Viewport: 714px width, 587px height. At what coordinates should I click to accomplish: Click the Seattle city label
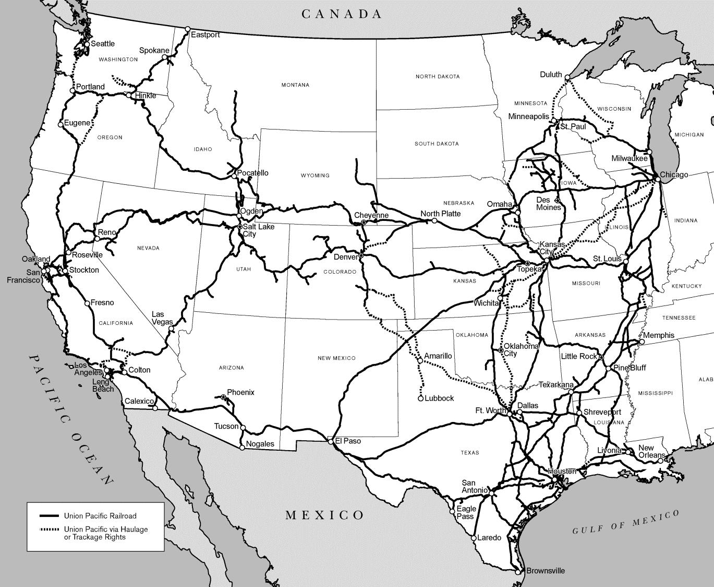tap(103, 44)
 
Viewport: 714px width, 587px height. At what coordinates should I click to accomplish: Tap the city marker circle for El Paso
tap(331, 441)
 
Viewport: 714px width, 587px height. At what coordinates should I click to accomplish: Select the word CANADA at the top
tap(342, 14)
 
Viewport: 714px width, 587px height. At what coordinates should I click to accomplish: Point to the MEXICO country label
tap(324, 515)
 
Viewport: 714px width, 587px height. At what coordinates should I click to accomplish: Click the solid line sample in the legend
tap(50, 516)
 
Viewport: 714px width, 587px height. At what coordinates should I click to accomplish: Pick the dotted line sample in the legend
tap(50, 530)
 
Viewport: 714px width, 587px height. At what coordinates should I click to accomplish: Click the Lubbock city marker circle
tap(420, 398)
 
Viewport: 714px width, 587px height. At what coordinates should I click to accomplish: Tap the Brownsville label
tap(545, 571)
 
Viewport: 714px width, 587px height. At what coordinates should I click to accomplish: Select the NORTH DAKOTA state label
tap(438, 77)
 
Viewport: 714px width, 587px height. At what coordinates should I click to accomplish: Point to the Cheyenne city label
tap(371, 215)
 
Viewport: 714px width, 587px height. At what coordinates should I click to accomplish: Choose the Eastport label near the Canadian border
tap(205, 35)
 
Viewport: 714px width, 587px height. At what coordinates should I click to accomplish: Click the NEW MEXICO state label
tap(336, 358)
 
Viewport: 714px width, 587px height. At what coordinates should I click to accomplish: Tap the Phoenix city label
tap(240, 392)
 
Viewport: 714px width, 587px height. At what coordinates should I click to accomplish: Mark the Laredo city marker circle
tap(474, 537)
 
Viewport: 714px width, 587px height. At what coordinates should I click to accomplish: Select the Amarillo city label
tap(438, 356)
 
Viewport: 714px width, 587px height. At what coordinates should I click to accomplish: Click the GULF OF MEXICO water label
tap(626, 523)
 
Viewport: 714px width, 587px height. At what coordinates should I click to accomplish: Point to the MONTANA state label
tap(295, 85)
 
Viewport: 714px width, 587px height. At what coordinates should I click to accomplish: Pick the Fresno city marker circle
tap(87, 303)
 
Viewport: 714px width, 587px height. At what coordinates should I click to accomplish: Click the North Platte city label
tap(441, 214)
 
